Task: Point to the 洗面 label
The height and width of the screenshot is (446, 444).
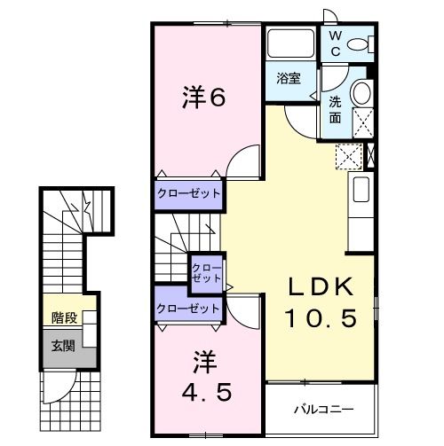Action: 337,109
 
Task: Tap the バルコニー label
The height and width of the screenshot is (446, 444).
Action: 324,410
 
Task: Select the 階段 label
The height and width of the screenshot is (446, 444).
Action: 63,317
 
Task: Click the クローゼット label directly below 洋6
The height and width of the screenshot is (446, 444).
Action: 188,192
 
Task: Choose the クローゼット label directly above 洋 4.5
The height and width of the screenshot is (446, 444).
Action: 187,309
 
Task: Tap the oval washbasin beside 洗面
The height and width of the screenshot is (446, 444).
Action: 361,94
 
